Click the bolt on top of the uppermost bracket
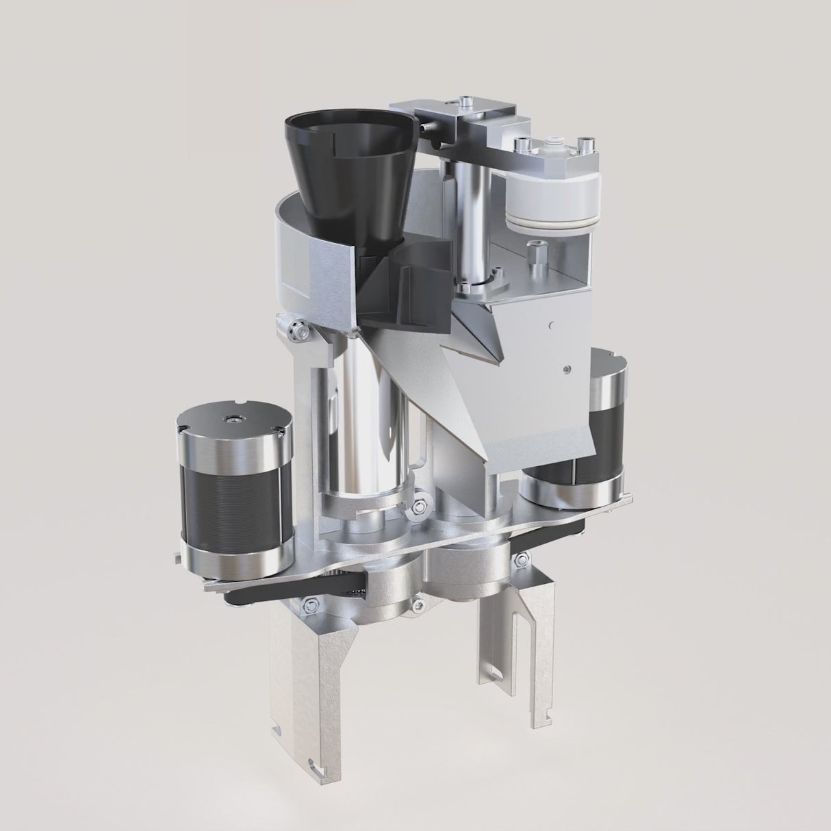[465, 102]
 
